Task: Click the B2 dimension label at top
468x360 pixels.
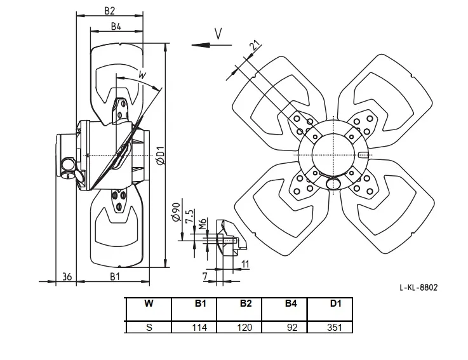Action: click(x=109, y=10)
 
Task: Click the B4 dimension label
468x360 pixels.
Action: click(x=116, y=26)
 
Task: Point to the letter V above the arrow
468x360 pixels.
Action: click(x=218, y=34)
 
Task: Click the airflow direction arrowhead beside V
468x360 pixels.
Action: click(x=201, y=45)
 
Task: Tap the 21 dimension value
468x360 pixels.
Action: click(x=255, y=45)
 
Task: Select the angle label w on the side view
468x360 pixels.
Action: click(x=143, y=74)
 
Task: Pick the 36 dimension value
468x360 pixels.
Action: click(x=67, y=277)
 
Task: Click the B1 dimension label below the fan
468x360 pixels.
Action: click(x=115, y=277)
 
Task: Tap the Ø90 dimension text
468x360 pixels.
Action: click(x=176, y=212)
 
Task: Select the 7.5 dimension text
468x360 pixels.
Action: click(x=189, y=216)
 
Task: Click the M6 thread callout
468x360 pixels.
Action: click(x=203, y=223)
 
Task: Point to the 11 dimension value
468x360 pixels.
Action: click(x=244, y=264)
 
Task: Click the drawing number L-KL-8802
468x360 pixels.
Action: click(x=418, y=288)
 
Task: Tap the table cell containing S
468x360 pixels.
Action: click(x=149, y=327)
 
